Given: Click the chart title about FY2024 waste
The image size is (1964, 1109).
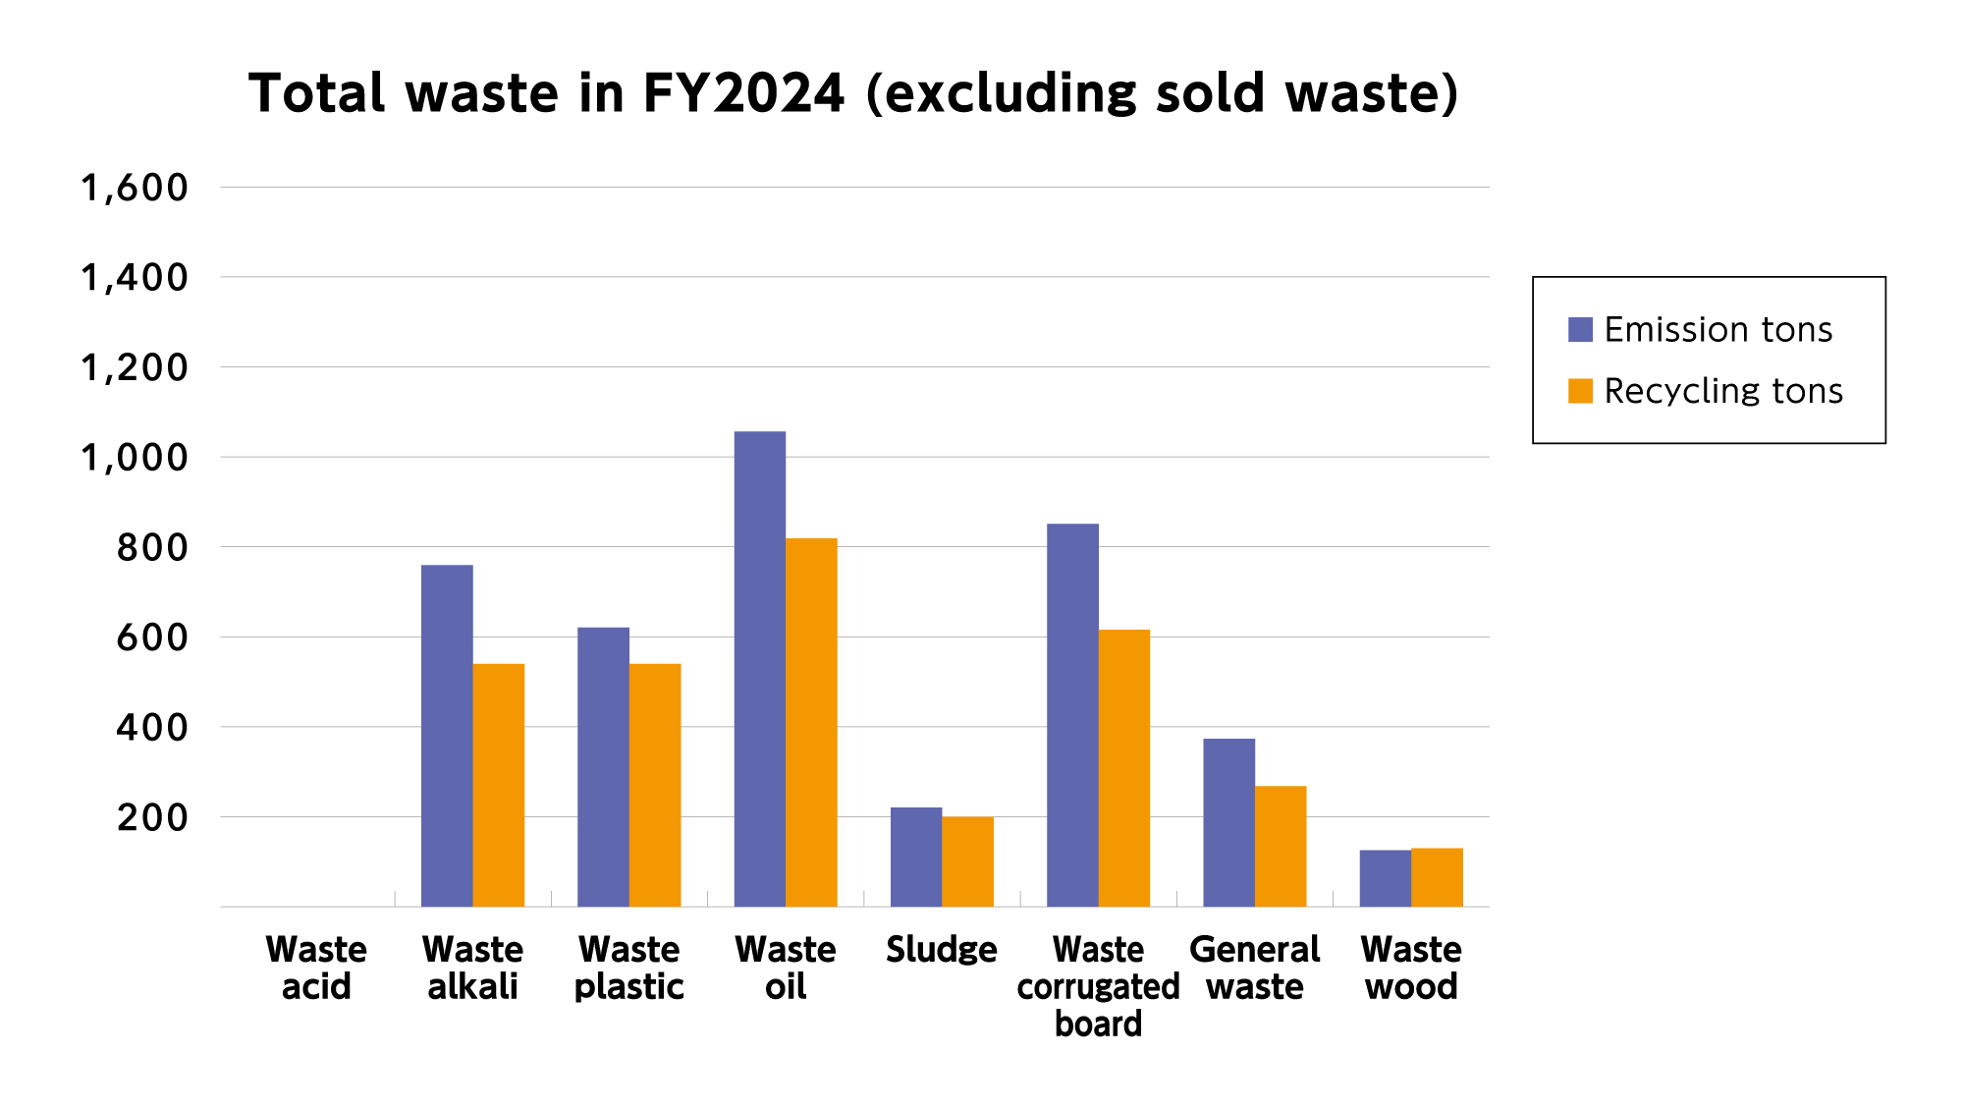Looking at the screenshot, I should tap(853, 93).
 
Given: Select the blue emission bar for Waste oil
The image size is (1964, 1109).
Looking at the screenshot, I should tap(760, 668).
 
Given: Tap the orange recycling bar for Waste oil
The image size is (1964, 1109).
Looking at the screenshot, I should tap(811, 722).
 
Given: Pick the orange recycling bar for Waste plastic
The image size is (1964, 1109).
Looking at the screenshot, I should tap(655, 785).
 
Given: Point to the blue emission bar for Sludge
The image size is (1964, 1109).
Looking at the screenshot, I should tap(916, 857).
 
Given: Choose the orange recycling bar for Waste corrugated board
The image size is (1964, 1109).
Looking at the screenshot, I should tap(1124, 767).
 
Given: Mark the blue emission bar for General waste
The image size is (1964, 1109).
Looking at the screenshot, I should tap(1228, 822).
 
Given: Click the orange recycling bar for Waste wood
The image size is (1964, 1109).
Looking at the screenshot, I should tap(1437, 877).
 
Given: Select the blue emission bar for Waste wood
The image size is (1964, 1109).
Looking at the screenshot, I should tap(1385, 878).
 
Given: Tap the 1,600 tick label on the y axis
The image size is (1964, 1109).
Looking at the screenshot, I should tap(134, 188).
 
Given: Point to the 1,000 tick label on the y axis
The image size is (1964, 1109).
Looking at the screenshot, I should tap(134, 458).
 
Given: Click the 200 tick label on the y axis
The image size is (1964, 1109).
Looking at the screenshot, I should tap(151, 817).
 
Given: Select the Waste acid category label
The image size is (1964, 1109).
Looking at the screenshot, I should tap(316, 968).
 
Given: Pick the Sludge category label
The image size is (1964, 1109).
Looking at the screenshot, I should tap(941, 950).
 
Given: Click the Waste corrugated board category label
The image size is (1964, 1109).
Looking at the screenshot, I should tap(1098, 986).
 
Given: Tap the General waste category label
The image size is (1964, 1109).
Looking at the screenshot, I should tap(1254, 968).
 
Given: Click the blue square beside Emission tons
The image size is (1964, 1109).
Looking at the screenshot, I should tap(1580, 330).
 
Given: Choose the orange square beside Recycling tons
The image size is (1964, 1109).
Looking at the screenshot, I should tap(1580, 391).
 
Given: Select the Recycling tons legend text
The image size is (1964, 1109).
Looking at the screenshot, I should tap(1723, 391).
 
